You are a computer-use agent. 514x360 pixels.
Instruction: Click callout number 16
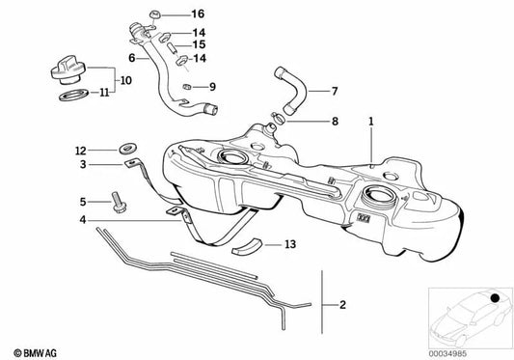(x=198, y=14)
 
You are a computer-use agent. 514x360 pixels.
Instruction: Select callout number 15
(x=198, y=44)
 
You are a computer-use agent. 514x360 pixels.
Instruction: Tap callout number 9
(x=199, y=87)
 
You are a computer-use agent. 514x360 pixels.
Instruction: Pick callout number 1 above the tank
(x=368, y=123)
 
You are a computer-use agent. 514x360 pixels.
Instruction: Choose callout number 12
(x=82, y=150)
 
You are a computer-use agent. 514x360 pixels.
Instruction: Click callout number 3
(x=83, y=165)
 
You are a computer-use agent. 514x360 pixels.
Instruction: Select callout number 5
(x=83, y=202)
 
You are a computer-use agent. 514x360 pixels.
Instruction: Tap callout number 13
(x=291, y=245)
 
